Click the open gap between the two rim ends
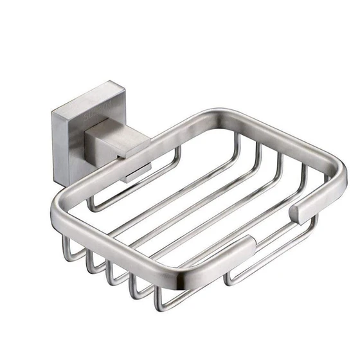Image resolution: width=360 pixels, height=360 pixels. coord(276,225)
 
